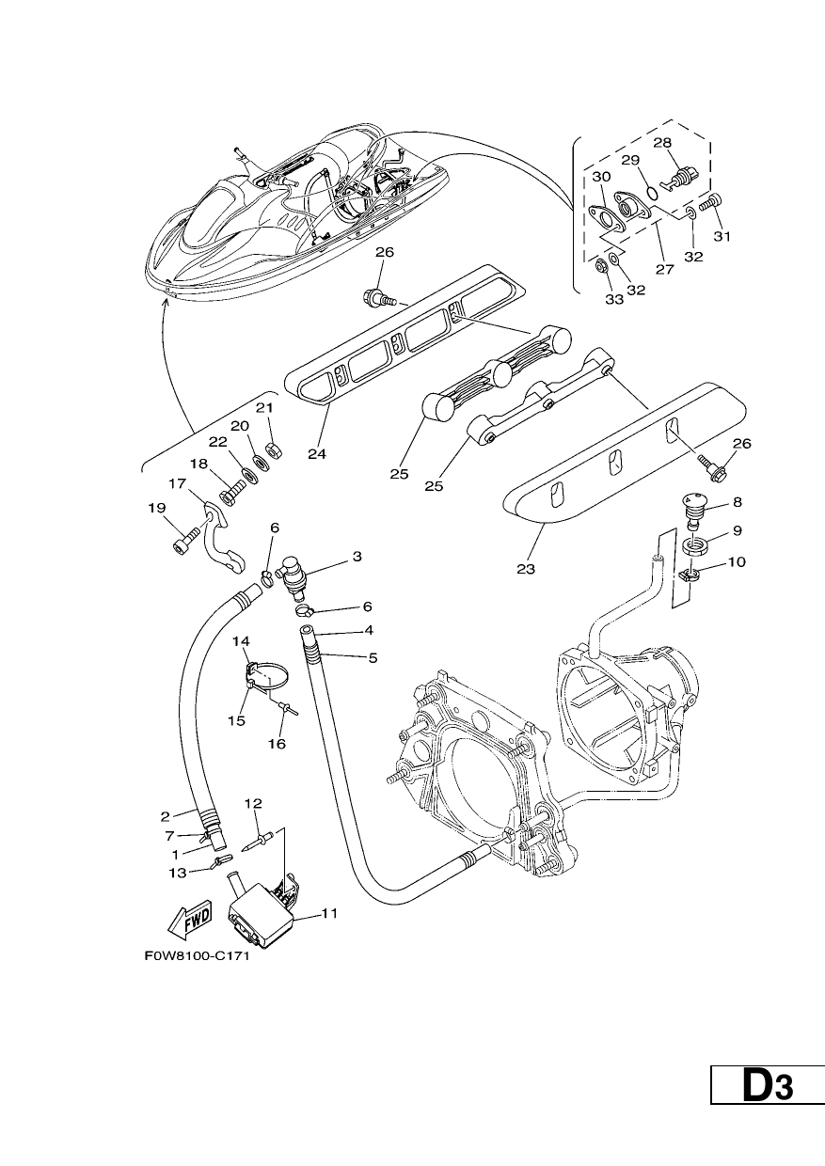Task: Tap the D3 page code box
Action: point(768,1085)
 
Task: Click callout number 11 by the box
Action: point(329,913)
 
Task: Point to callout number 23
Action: point(526,569)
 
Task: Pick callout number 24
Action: point(317,454)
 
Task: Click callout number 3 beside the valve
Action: point(357,557)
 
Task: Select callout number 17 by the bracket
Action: point(177,483)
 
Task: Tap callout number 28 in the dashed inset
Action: point(662,143)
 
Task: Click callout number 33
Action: point(614,300)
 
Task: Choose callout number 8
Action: point(737,502)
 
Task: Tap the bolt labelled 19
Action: point(185,538)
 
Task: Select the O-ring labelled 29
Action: point(651,194)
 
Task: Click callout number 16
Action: point(278,744)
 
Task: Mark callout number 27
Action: point(664,269)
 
